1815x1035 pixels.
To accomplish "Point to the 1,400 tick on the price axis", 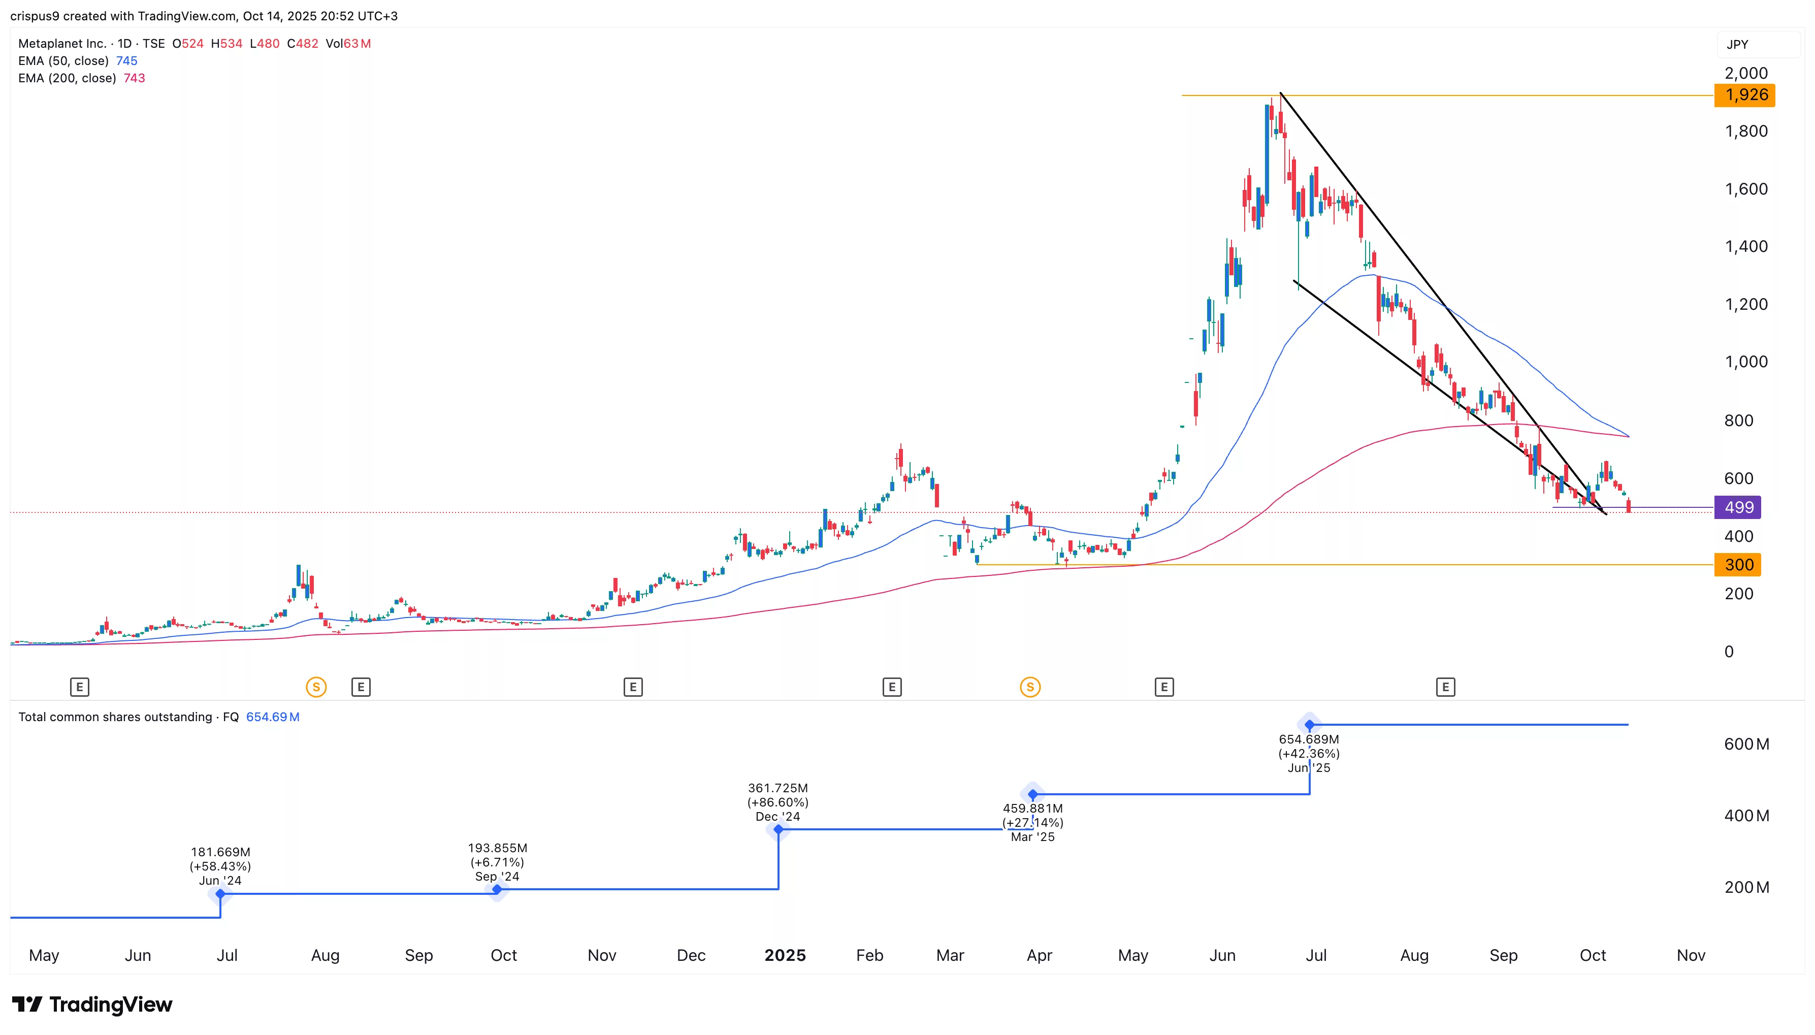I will [1745, 247].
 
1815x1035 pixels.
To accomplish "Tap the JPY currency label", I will [1737, 44].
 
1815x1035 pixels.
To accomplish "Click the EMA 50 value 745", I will [126, 61].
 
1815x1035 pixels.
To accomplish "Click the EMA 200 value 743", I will [134, 78].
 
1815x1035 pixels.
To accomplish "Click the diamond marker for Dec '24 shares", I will [778, 829].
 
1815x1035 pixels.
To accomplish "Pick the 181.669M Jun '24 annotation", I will [220, 866].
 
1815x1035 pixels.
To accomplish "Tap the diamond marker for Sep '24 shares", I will [497, 889].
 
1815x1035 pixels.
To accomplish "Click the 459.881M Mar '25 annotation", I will [1032, 822].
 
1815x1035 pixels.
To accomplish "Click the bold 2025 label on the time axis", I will [785, 955].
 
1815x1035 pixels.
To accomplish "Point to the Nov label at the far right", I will [1690, 955].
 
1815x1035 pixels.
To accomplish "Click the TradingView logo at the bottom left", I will [92, 1005].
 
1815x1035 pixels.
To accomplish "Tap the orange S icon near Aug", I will [316, 688].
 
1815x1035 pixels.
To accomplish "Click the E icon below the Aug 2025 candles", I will [1445, 688].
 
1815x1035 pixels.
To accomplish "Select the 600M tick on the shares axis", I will [1746, 745].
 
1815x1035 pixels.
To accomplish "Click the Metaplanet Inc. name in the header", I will [62, 43].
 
